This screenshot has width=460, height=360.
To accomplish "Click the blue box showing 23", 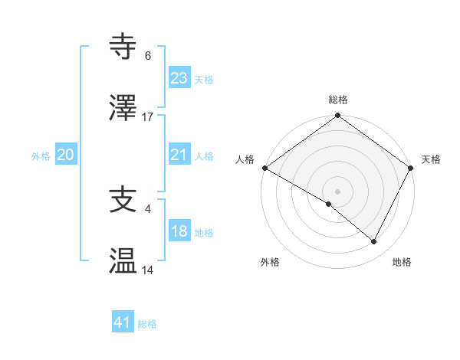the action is coord(179,77).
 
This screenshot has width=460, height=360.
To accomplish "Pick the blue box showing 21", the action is coord(179,155).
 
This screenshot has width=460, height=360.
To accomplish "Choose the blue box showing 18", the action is coord(179,231).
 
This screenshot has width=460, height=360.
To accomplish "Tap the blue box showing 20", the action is coord(66,155).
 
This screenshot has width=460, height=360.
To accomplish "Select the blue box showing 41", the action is coord(123,322).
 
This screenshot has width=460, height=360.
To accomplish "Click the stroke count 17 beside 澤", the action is coord(148,117).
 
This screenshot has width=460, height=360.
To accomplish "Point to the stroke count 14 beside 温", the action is coord(148,270).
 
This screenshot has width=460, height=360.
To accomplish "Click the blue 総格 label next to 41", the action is coord(147,324).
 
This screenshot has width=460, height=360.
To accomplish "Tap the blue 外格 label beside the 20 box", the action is coord(41,156).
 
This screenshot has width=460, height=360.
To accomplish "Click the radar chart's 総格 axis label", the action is coord(338,100).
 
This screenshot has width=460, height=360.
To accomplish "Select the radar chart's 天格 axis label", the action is coord(432,159).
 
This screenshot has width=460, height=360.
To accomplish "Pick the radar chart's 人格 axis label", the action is coord(245,159).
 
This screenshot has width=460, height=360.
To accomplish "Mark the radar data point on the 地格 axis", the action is coord(374,241).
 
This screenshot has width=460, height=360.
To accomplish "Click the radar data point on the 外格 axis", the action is coord(329,204).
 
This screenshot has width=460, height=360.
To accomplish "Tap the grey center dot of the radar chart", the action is coord(338,191).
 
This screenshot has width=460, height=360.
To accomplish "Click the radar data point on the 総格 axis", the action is coord(338,116).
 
